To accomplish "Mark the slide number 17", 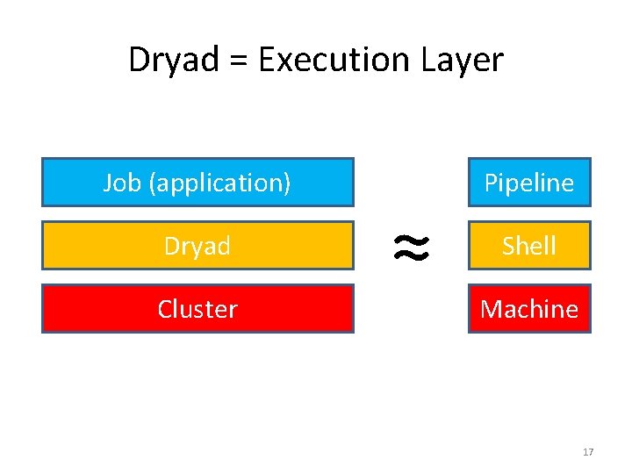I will click(588, 452).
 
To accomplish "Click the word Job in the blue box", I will click(123, 183).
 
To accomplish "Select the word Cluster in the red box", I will click(197, 309).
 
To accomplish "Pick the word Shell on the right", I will click(529, 246).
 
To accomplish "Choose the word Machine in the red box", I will click(529, 309).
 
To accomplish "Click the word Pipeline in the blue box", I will click(529, 183).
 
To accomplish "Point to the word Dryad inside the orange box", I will click(197, 246).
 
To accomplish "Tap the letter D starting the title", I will click(138, 60).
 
